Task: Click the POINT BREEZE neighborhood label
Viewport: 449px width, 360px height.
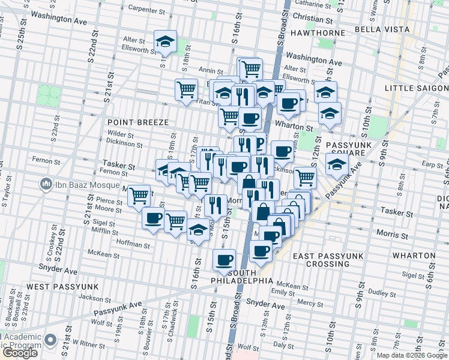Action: [136, 122]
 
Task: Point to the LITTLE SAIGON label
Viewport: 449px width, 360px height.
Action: [417, 88]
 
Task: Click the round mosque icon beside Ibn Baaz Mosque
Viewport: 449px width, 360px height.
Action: [44, 183]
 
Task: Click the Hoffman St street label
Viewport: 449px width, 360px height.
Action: [133, 245]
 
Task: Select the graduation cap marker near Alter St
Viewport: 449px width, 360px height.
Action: [165, 41]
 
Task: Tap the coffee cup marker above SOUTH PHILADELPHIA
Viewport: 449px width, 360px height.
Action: [224, 259]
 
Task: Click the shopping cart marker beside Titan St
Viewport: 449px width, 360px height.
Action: [187, 89]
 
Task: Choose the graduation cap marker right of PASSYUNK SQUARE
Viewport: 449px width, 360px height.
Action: [337, 164]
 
